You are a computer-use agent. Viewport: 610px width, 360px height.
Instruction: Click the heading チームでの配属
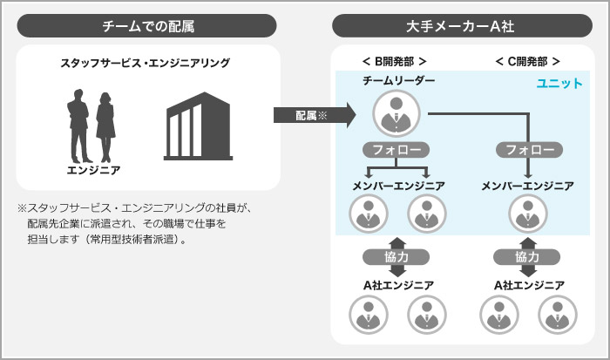(x=147, y=26)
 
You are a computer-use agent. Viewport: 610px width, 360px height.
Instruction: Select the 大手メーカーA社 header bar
(x=463, y=26)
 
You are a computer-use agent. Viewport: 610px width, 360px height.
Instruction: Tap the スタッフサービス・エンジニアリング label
(x=146, y=63)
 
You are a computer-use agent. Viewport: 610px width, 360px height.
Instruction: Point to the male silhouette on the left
(x=78, y=122)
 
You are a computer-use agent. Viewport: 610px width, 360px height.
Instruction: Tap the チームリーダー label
(x=398, y=81)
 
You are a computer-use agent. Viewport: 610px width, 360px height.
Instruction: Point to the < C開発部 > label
(x=527, y=61)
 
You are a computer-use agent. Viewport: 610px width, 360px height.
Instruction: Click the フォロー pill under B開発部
(x=396, y=150)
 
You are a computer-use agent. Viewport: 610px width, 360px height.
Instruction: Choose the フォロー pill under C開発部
(x=529, y=150)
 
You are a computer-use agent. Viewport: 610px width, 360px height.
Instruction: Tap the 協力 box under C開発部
(x=527, y=257)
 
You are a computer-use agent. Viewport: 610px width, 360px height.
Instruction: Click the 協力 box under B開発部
(x=396, y=257)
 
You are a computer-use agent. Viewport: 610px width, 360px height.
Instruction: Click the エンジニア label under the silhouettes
(x=93, y=169)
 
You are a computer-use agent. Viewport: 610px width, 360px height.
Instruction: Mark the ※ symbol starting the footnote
(x=22, y=208)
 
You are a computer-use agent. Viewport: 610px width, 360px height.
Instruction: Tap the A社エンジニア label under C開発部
(x=528, y=285)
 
